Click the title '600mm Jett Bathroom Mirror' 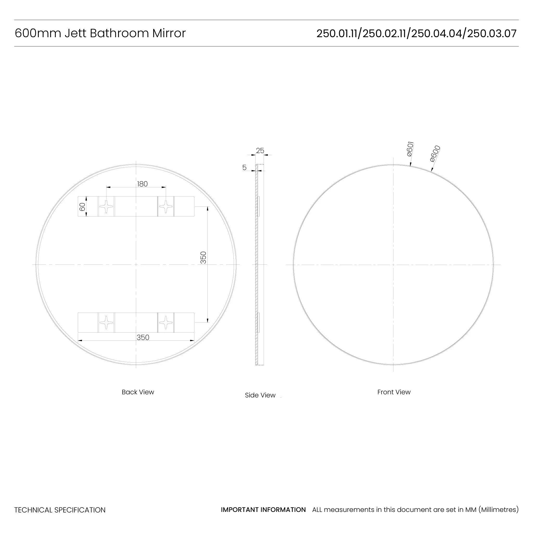(x=100, y=33)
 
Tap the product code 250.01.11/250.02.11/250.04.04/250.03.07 (x=416, y=34)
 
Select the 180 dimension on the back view (x=142, y=184)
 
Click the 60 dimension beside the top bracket (x=82, y=207)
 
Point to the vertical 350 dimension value (x=203, y=257)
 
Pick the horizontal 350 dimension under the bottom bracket (x=143, y=337)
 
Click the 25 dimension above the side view (x=260, y=151)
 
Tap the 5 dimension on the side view (x=244, y=167)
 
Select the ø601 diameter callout (x=410, y=149)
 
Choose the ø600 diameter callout (x=435, y=154)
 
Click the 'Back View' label (x=138, y=392)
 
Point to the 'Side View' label (x=260, y=395)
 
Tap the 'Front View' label (x=394, y=392)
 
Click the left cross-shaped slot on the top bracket (x=106, y=206)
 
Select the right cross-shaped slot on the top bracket (x=166, y=206)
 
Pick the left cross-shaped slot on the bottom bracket (x=106, y=322)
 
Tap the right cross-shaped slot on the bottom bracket (x=166, y=322)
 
